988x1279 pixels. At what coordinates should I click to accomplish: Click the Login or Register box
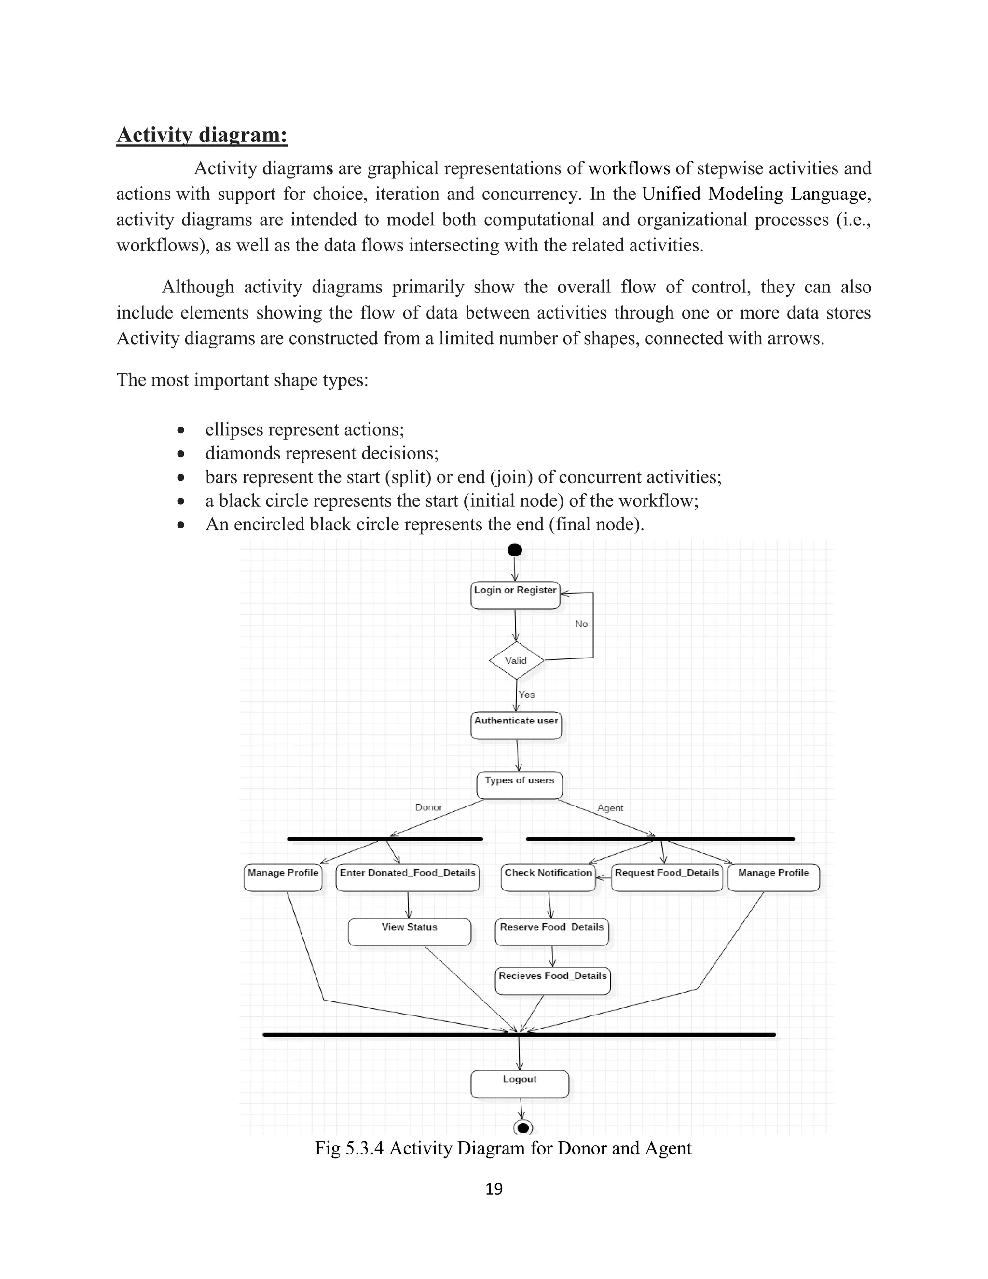coord(515,595)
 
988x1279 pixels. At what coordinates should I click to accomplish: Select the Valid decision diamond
coord(516,661)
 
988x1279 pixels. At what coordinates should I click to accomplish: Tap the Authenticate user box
coord(516,725)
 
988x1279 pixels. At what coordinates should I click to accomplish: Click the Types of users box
coord(519,785)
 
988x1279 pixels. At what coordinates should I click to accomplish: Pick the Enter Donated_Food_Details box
coord(407,878)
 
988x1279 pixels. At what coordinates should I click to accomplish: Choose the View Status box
coord(409,931)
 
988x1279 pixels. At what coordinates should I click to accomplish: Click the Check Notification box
coord(548,878)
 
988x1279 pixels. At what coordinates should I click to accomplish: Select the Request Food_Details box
coord(667,878)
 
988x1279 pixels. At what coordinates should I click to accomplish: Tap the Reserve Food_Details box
coord(551,931)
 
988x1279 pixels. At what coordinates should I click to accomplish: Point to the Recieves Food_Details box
coord(552,980)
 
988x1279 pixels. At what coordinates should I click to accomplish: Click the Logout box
coord(519,1084)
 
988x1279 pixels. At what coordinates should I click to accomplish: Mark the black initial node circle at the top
coord(514,550)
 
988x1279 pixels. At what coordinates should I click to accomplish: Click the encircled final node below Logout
coord(522,1127)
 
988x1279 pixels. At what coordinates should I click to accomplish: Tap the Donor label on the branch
coord(428,807)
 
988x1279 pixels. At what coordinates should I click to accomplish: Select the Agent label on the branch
coord(610,807)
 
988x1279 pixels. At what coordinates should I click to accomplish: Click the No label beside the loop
coord(581,624)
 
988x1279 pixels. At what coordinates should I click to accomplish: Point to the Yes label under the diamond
coord(527,695)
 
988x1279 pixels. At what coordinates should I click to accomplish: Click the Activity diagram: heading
coord(202,135)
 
